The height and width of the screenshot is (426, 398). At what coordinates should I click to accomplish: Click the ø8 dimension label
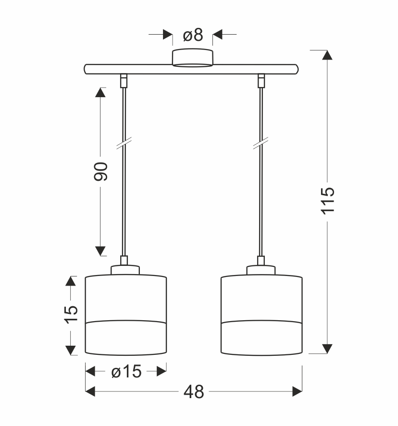coord(193,35)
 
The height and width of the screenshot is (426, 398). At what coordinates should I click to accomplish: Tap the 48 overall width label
coord(194,392)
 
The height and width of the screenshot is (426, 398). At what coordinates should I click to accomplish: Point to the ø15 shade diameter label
coord(126,371)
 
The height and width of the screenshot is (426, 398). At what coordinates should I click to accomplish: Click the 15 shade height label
coord(71,315)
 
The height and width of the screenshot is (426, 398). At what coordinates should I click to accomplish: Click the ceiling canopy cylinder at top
coord(193,57)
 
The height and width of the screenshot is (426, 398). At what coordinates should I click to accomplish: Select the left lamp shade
coord(126,315)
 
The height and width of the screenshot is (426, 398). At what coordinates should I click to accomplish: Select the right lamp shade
coord(262,315)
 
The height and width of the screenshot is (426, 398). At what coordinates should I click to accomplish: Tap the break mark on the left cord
coord(124,143)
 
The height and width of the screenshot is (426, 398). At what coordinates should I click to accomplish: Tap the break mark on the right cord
coord(261,143)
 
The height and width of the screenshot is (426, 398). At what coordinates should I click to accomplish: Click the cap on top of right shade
coord(261,270)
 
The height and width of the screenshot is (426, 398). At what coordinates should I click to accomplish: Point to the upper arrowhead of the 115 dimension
coord(327,55)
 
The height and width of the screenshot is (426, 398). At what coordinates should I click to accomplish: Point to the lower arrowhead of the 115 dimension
coord(327,349)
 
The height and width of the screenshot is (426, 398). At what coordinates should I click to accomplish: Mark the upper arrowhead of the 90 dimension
coord(100,92)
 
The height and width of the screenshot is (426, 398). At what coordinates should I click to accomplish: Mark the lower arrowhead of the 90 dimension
coord(100,251)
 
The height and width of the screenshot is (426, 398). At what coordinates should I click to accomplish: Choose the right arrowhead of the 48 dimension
coord(297,392)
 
